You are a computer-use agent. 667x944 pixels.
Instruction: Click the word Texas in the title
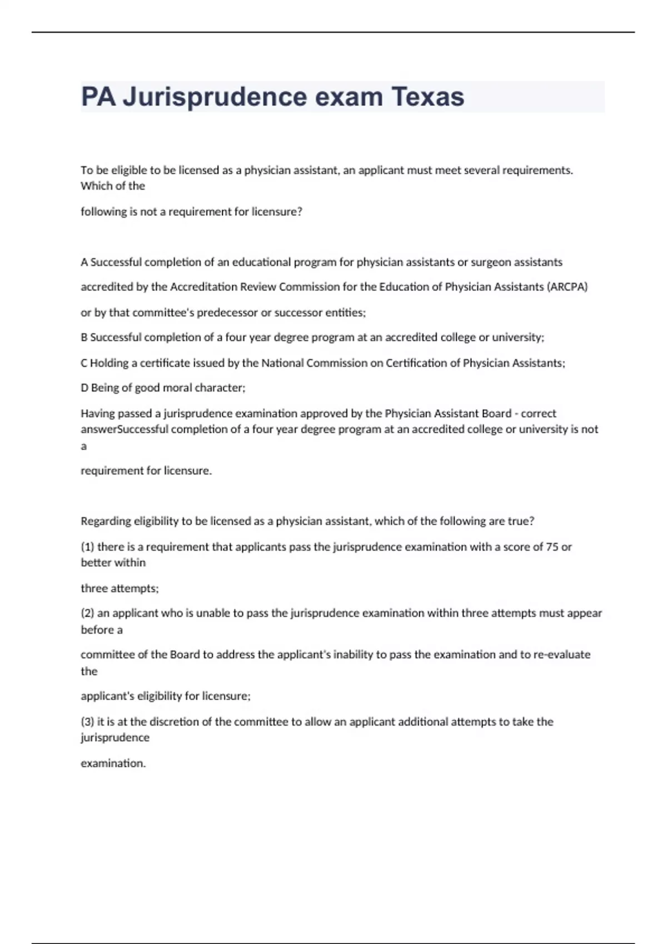point(428,97)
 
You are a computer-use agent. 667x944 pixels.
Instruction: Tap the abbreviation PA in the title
point(98,97)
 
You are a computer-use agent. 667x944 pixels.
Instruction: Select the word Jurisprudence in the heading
point(215,97)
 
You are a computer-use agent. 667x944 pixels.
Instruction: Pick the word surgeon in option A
point(490,262)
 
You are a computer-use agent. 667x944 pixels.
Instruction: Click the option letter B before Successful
point(84,338)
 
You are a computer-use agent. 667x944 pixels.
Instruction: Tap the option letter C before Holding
point(84,363)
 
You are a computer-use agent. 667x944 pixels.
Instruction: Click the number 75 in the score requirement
point(552,547)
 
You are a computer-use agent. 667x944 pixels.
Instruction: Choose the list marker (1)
point(87,547)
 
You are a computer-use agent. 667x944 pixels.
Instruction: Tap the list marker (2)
point(87,614)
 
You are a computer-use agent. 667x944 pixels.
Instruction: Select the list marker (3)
point(87,722)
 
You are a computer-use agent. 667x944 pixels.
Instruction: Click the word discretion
point(174,722)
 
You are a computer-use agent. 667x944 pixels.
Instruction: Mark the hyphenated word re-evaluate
point(562,655)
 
